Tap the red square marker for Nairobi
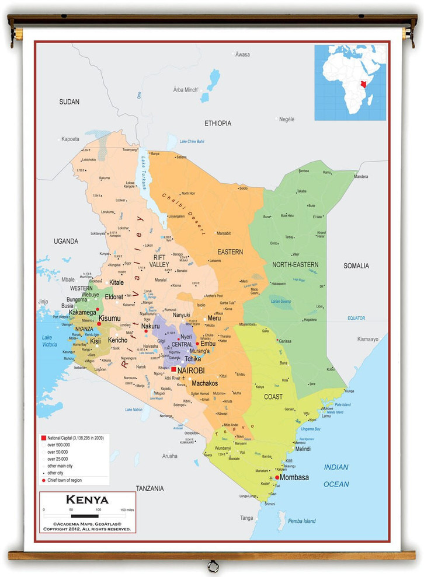coord(173,370)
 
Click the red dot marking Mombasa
coord(277,477)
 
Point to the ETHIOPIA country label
coord(217,124)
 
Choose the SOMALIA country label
coord(356,266)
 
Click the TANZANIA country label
coord(150,488)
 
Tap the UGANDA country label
coord(65,241)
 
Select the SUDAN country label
coord(69,102)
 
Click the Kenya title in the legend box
coord(87,500)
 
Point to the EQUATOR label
coord(356,318)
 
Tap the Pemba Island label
coord(301,521)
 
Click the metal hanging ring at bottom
coord(213,565)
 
